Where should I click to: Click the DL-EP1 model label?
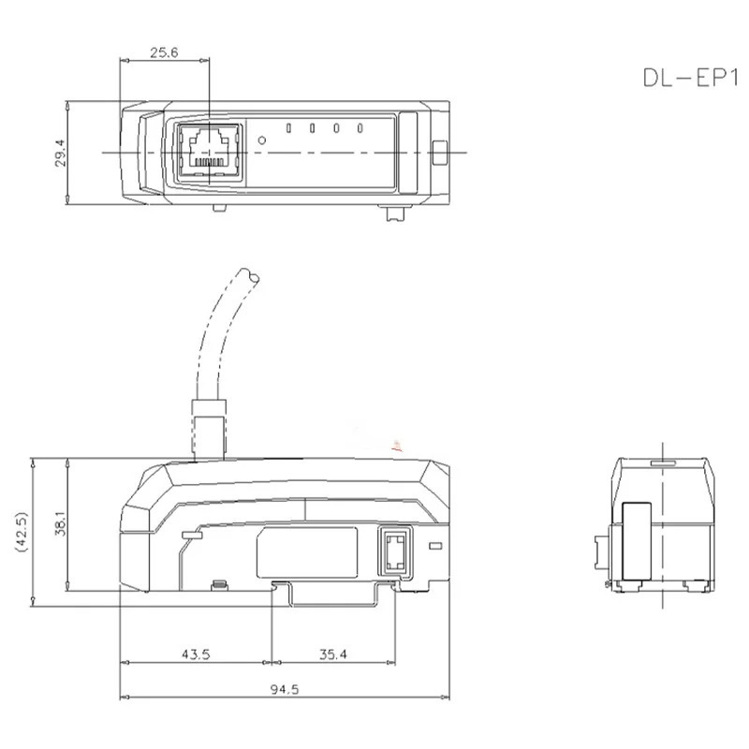[x=690, y=78]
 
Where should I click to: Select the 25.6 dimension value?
[x=164, y=52]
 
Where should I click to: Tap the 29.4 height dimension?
[x=60, y=153]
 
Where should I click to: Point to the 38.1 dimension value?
[x=60, y=523]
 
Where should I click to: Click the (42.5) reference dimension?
[x=22, y=532]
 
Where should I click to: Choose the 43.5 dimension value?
[x=196, y=654]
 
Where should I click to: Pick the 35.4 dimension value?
[x=333, y=654]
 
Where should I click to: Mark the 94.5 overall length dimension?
[x=285, y=689]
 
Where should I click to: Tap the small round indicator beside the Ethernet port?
[x=262, y=140]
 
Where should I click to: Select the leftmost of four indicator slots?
[x=288, y=128]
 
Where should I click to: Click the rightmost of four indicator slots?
[x=360, y=128]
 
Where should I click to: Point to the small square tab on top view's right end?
[x=439, y=153]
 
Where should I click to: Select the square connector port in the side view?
[x=394, y=551]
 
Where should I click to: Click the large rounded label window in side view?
[x=307, y=552]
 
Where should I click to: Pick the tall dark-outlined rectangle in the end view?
[x=638, y=541]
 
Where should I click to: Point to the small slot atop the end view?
[x=664, y=463]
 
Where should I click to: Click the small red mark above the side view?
[x=397, y=447]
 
